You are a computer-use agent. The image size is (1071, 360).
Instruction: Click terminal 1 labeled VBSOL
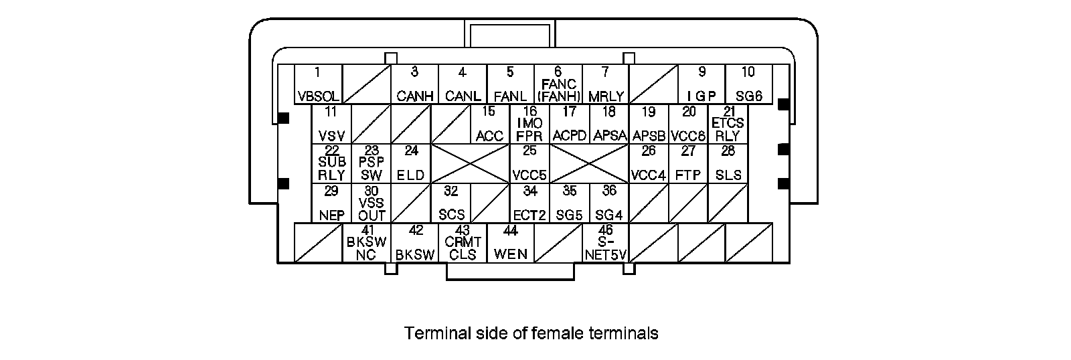pos(318,84)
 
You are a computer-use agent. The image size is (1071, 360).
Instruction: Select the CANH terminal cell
pos(415,84)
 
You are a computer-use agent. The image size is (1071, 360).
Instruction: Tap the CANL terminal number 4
pos(463,84)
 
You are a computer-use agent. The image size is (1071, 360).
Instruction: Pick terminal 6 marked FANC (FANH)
pos(558,84)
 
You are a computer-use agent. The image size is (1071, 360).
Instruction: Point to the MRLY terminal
pos(606,84)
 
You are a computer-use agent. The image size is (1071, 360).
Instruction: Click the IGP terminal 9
pos(702,84)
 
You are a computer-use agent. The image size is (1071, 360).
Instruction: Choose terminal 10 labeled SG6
pos(748,84)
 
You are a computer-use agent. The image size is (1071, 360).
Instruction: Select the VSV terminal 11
pos(331,124)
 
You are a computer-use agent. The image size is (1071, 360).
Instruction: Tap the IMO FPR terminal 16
pos(529,124)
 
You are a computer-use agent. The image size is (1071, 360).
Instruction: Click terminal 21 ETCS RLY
pos(728,124)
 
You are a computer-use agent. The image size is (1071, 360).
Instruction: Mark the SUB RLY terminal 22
pos(331,163)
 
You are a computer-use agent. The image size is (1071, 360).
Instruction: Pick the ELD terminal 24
pos(410,163)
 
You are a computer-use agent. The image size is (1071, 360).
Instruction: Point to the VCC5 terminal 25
pos(529,163)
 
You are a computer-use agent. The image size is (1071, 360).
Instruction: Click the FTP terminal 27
pos(688,163)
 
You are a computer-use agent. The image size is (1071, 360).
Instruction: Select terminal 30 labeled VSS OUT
pos(372,203)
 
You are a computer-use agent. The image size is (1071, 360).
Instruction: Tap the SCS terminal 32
pos(450,203)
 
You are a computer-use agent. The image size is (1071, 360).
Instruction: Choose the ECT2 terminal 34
pos(529,203)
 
